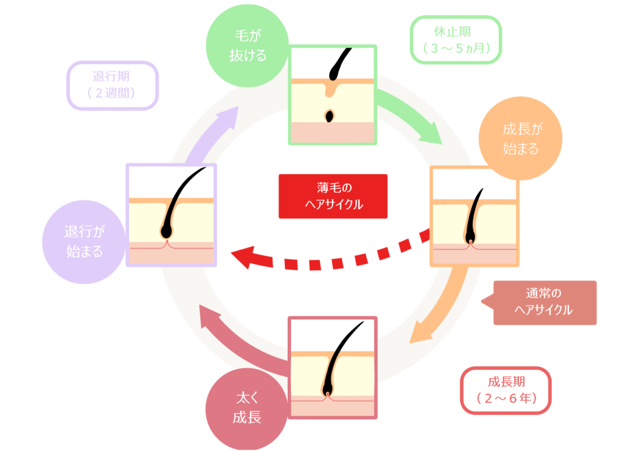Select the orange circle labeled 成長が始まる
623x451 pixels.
520,140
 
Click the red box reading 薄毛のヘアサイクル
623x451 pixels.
333,196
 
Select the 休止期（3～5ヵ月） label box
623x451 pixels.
456,39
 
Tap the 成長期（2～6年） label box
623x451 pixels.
506,390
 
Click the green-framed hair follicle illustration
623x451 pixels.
333,94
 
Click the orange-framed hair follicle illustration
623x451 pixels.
474,216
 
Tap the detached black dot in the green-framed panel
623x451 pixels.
330,115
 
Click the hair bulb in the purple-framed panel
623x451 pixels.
166,232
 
